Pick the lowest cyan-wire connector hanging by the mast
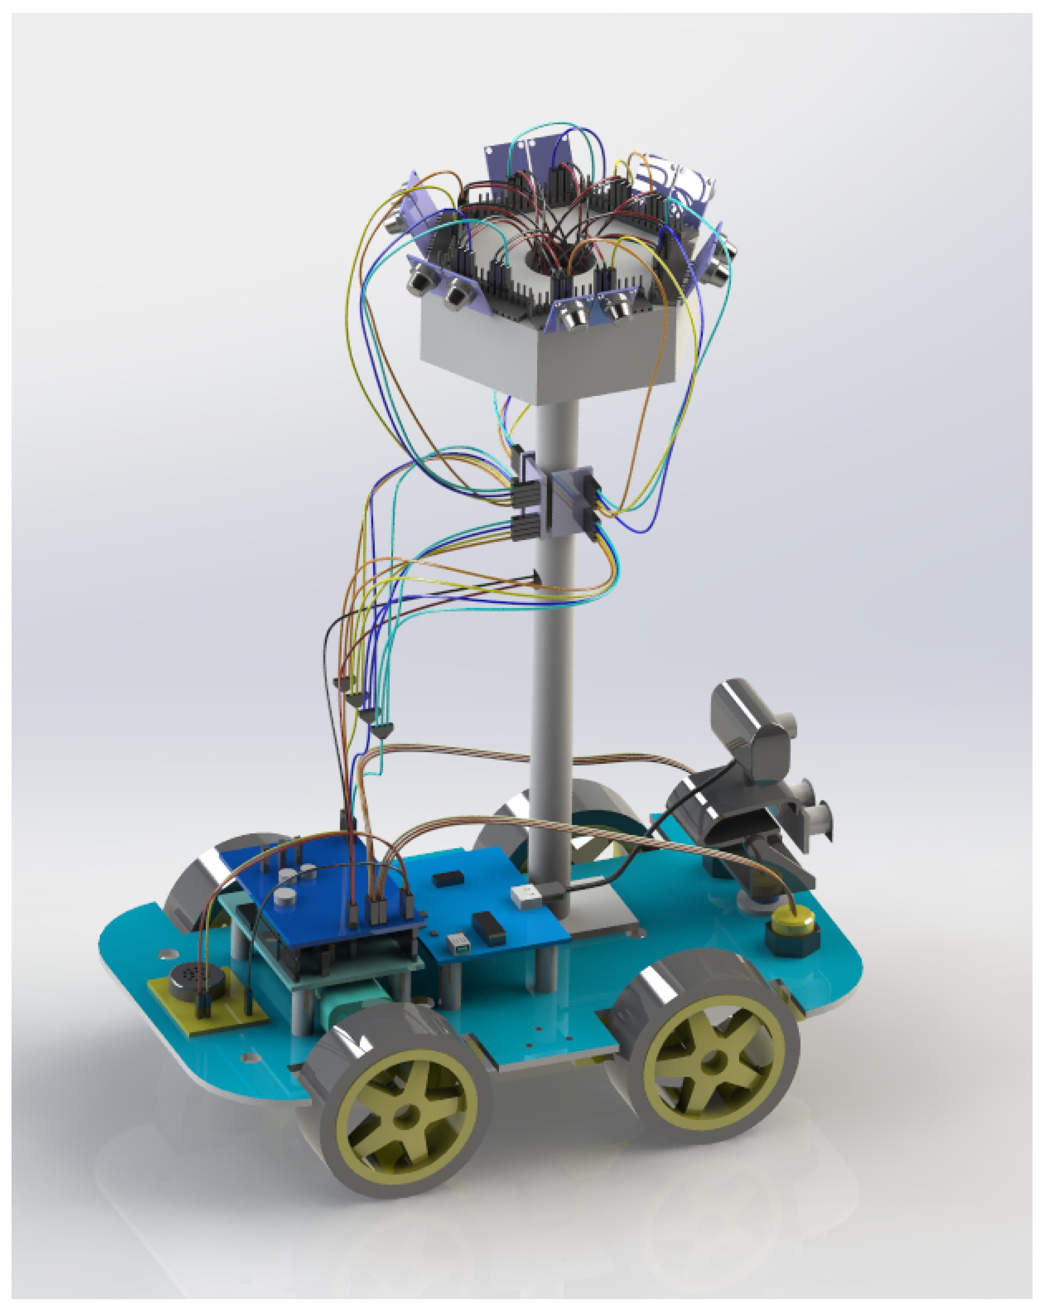click(x=382, y=729)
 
